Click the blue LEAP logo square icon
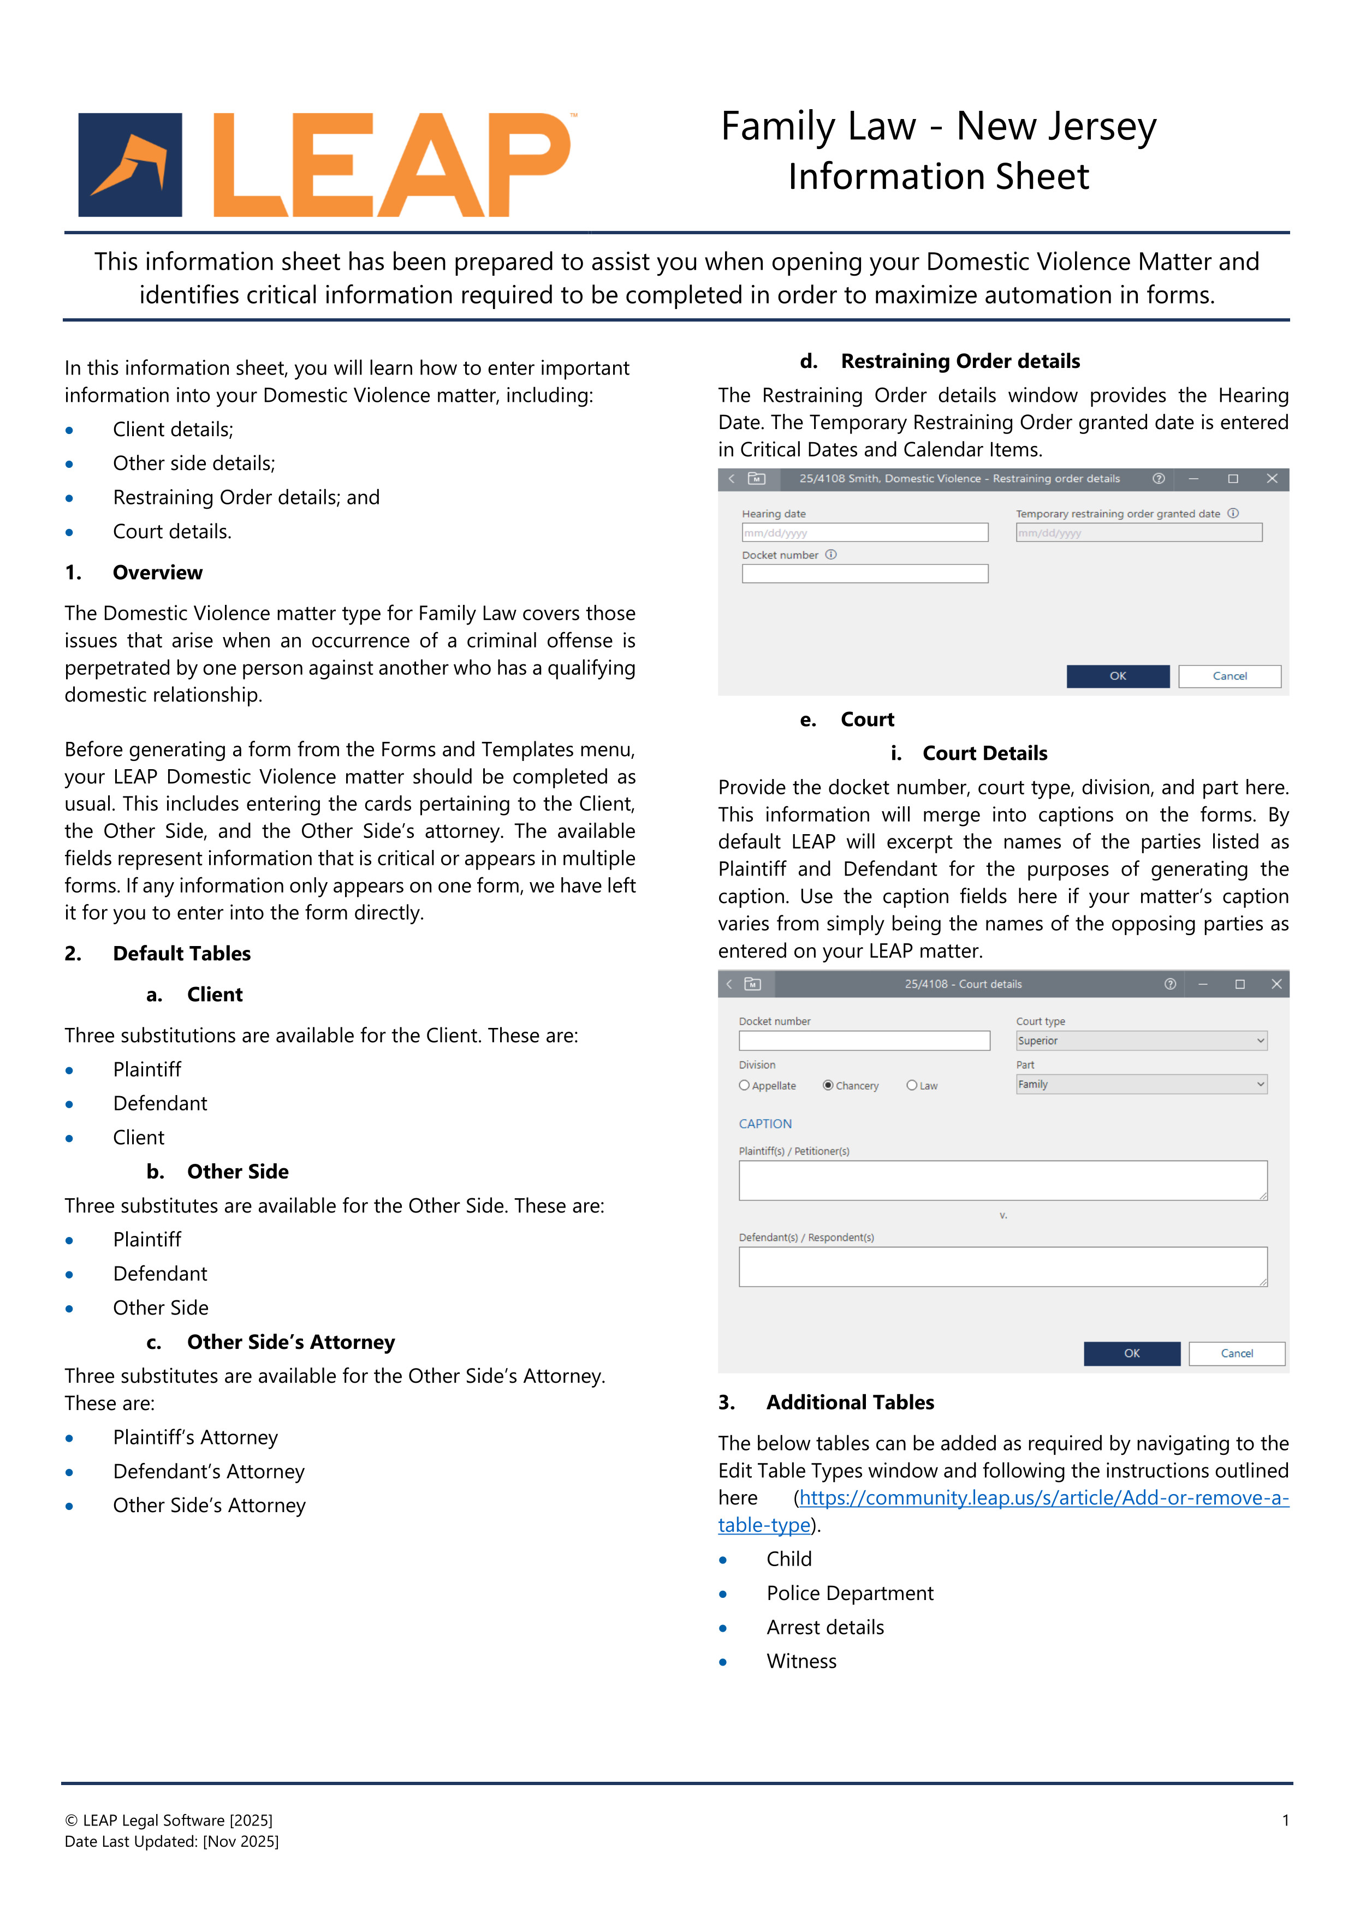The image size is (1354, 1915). (x=130, y=165)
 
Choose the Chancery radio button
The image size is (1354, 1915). (x=828, y=1086)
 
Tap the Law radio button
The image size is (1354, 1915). (x=912, y=1086)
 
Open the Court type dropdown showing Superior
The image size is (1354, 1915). (x=1141, y=1041)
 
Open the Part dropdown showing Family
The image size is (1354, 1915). (x=1141, y=1084)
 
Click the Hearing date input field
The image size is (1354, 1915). (x=864, y=533)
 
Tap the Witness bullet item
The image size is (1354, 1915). (x=801, y=1662)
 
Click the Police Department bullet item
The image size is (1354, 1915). (x=850, y=1594)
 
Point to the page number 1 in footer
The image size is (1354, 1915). (x=1285, y=1820)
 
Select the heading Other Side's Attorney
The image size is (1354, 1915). (x=290, y=1342)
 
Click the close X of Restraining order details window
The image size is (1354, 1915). (x=1272, y=479)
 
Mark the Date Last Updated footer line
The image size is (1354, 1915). (x=172, y=1842)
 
